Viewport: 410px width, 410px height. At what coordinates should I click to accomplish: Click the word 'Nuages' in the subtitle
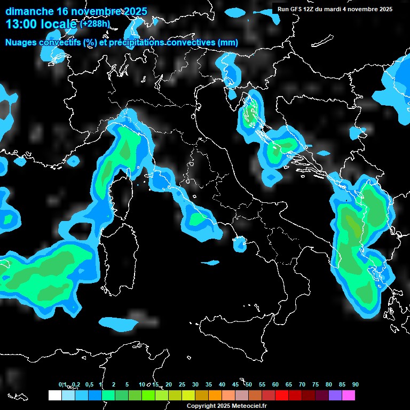tap(21, 42)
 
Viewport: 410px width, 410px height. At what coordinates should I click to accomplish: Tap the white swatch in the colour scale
tap(54, 396)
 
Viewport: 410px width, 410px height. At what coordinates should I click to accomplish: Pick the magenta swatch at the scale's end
tap(349, 396)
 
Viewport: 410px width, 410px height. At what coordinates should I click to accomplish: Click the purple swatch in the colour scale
tap(335, 396)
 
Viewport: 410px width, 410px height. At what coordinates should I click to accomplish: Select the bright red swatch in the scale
tap(282, 396)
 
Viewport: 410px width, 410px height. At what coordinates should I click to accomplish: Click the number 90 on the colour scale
tap(356, 384)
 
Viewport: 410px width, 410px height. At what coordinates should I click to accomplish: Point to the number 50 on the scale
tap(249, 384)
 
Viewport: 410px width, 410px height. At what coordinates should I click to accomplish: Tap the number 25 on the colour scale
tap(182, 384)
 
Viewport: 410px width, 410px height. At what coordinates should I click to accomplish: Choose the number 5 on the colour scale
tap(127, 384)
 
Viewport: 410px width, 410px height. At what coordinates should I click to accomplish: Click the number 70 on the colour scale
tap(302, 384)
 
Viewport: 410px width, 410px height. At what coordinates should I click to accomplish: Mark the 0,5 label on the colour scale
tap(89, 384)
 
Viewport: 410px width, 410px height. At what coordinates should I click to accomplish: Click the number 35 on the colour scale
tap(209, 384)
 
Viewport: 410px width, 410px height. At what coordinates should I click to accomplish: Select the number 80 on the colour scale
tap(329, 384)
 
